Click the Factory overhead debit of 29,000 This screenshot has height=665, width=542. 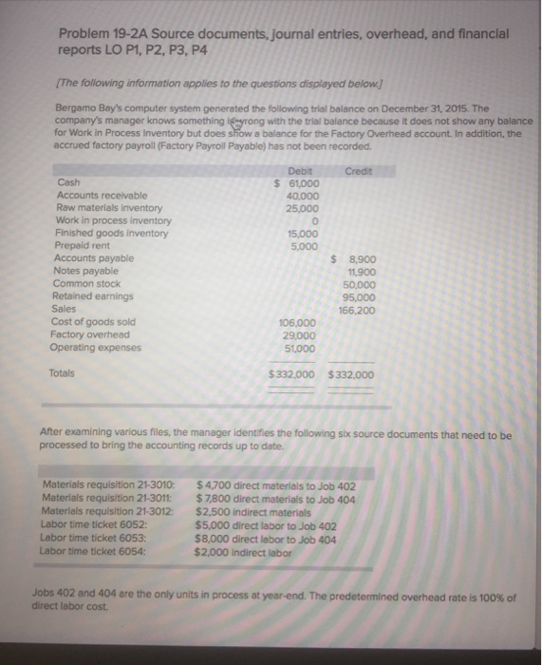click(x=299, y=333)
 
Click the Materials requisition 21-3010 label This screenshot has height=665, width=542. click(x=110, y=485)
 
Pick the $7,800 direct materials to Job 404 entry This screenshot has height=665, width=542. click(x=275, y=499)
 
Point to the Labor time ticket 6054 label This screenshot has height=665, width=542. click(x=90, y=549)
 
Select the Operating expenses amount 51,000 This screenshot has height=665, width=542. click(x=300, y=347)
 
